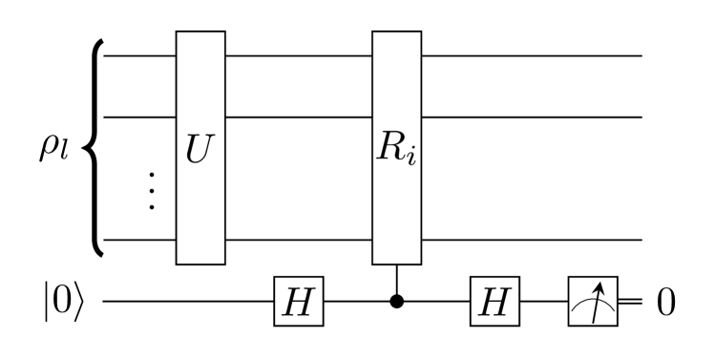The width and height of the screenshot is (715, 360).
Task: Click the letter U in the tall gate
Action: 200,149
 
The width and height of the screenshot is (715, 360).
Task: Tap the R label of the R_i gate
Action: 388,149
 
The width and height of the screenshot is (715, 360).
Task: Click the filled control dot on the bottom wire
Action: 396,301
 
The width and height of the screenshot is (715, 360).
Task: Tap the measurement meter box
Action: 593,301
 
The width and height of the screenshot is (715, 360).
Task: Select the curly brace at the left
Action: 93,148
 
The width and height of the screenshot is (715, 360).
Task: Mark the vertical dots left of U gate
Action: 152,191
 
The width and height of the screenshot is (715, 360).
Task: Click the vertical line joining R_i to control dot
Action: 396,280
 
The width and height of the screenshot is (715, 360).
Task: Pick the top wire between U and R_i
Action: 298,56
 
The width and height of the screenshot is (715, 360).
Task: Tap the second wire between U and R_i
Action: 298,116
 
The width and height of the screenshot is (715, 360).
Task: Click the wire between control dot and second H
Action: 435,301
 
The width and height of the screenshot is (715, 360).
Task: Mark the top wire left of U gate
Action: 139,56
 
